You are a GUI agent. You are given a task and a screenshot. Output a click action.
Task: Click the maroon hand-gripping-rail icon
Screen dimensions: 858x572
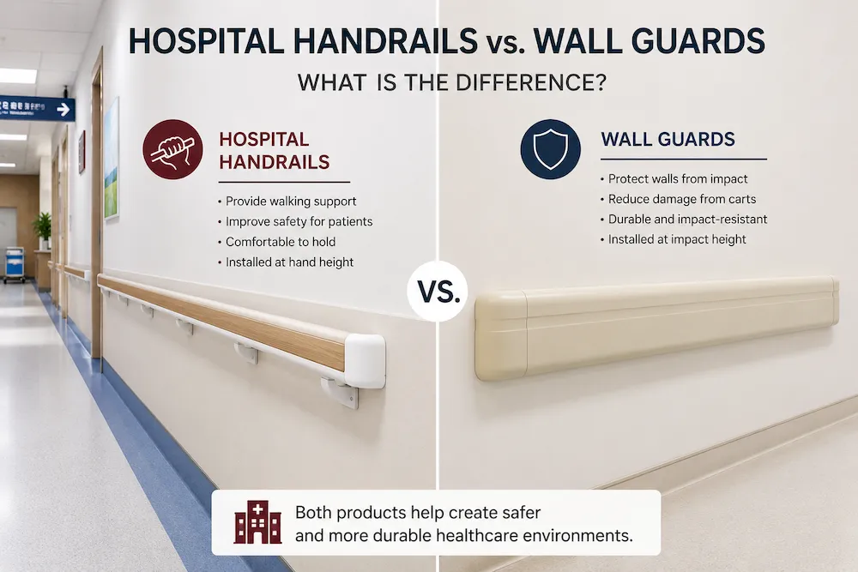tap(173, 149)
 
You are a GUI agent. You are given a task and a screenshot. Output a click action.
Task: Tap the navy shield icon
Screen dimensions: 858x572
tap(551, 148)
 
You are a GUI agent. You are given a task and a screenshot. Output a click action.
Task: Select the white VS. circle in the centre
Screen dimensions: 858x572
tap(438, 291)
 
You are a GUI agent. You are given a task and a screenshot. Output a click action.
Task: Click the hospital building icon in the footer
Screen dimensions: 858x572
tap(257, 522)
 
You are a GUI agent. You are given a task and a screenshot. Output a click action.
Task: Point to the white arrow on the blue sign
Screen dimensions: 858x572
tap(64, 110)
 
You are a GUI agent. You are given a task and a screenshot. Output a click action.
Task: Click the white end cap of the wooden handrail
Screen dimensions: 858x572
tap(365, 361)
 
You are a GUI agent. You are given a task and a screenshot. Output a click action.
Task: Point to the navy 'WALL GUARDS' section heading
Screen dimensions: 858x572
tap(668, 140)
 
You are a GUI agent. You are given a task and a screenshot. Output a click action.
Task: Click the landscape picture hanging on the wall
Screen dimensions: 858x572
tap(112, 159)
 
